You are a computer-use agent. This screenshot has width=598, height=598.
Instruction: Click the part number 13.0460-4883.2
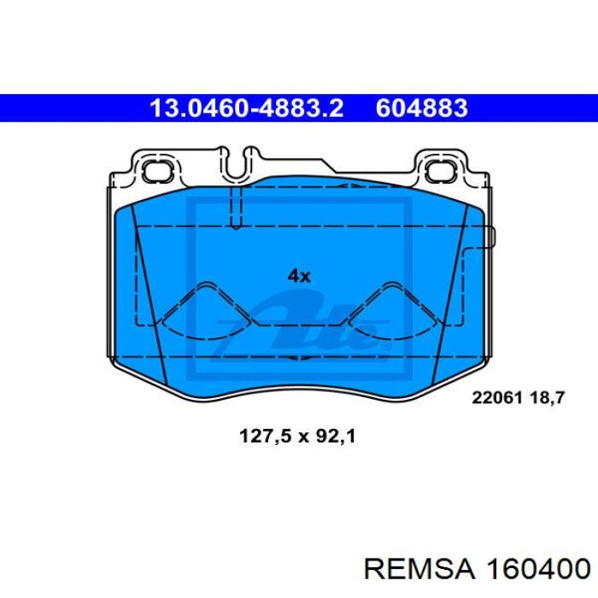(x=247, y=108)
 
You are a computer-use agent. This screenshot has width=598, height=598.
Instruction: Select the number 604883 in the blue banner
(x=422, y=108)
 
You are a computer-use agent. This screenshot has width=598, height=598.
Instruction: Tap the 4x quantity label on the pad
(x=299, y=275)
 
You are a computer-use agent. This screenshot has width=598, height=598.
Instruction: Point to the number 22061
(x=496, y=398)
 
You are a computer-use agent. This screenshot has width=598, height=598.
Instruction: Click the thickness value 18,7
(x=547, y=398)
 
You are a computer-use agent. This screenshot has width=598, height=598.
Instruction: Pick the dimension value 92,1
(x=336, y=436)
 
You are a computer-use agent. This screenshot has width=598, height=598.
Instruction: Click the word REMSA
(x=419, y=570)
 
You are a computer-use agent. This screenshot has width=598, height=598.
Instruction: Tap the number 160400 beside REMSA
(x=537, y=570)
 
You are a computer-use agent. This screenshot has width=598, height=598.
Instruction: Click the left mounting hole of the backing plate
(x=156, y=171)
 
